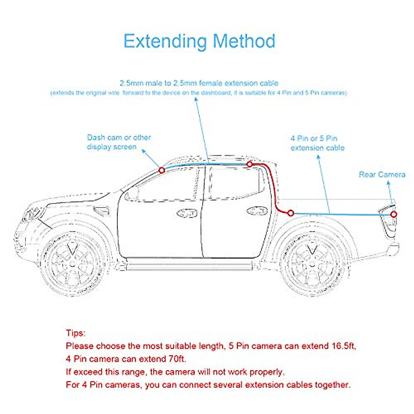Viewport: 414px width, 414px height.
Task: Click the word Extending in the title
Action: click(x=165, y=41)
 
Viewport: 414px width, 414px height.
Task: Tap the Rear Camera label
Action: click(x=382, y=175)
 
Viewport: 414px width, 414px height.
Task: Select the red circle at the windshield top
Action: click(x=161, y=170)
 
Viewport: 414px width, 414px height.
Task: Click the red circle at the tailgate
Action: click(x=394, y=214)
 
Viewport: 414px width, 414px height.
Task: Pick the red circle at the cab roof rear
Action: click(x=249, y=164)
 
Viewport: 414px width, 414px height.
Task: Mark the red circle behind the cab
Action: click(x=290, y=213)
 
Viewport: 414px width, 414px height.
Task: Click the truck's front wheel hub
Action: click(x=72, y=264)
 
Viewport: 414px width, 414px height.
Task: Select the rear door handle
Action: click(x=257, y=211)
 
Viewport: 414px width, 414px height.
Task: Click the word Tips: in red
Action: click(x=76, y=333)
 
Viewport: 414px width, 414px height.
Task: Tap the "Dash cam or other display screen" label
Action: click(x=119, y=142)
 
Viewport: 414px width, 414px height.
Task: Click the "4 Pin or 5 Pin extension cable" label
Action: click(x=317, y=143)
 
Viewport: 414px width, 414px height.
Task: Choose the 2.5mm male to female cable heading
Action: click(x=199, y=83)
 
